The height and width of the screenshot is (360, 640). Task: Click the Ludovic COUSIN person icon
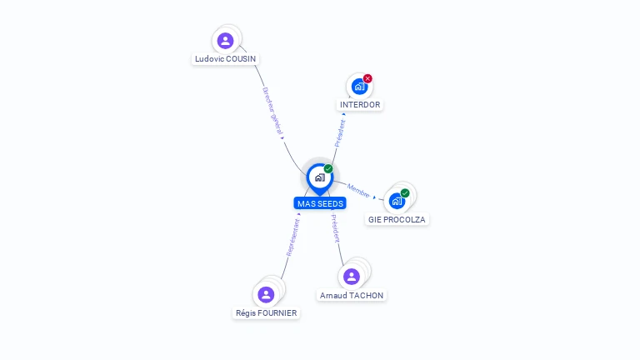[x=225, y=41]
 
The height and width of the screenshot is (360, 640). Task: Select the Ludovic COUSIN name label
[x=226, y=59]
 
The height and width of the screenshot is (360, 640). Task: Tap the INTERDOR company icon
[x=359, y=86]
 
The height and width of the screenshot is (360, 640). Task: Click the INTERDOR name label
[x=360, y=105]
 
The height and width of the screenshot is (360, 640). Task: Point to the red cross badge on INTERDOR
[x=367, y=78]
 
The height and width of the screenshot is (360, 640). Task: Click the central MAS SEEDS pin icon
[x=319, y=177]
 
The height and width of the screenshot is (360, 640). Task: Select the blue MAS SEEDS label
[x=320, y=203]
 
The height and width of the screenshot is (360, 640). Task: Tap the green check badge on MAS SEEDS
[x=328, y=168]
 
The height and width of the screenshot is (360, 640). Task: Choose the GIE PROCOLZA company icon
[x=397, y=201]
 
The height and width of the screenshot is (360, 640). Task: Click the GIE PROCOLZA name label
[x=397, y=220]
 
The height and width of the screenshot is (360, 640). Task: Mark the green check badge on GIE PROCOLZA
[x=405, y=193]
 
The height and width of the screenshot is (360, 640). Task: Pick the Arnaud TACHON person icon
[x=351, y=277]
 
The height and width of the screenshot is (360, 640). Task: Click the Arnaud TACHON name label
[x=352, y=295]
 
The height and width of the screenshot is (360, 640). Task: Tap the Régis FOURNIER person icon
[x=266, y=294]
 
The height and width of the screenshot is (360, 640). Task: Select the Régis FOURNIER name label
[x=266, y=313]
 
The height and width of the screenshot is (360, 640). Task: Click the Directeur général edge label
[x=273, y=112]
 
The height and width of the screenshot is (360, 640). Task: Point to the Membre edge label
[x=359, y=191]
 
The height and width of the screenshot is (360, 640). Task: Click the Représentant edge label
[x=292, y=237]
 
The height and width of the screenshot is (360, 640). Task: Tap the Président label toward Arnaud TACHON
[x=335, y=228]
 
